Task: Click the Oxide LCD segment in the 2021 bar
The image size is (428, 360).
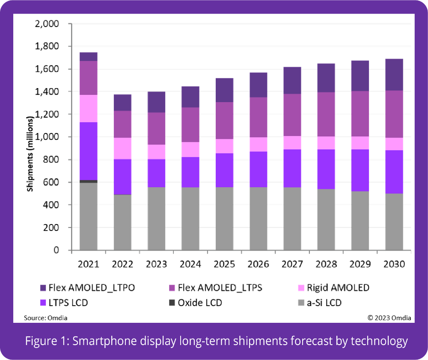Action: pos(88,181)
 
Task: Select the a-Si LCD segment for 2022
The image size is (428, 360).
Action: pos(122,222)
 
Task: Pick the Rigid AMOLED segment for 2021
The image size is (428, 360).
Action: pos(88,108)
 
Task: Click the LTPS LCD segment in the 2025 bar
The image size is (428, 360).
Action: pos(224,170)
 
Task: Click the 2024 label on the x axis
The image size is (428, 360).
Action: pos(190,264)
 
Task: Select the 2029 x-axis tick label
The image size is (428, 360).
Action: pos(360,264)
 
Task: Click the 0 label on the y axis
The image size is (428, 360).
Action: pos(56,251)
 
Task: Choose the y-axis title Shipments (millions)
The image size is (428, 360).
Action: pos(30,154)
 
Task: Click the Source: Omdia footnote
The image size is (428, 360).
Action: pos(45,318)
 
